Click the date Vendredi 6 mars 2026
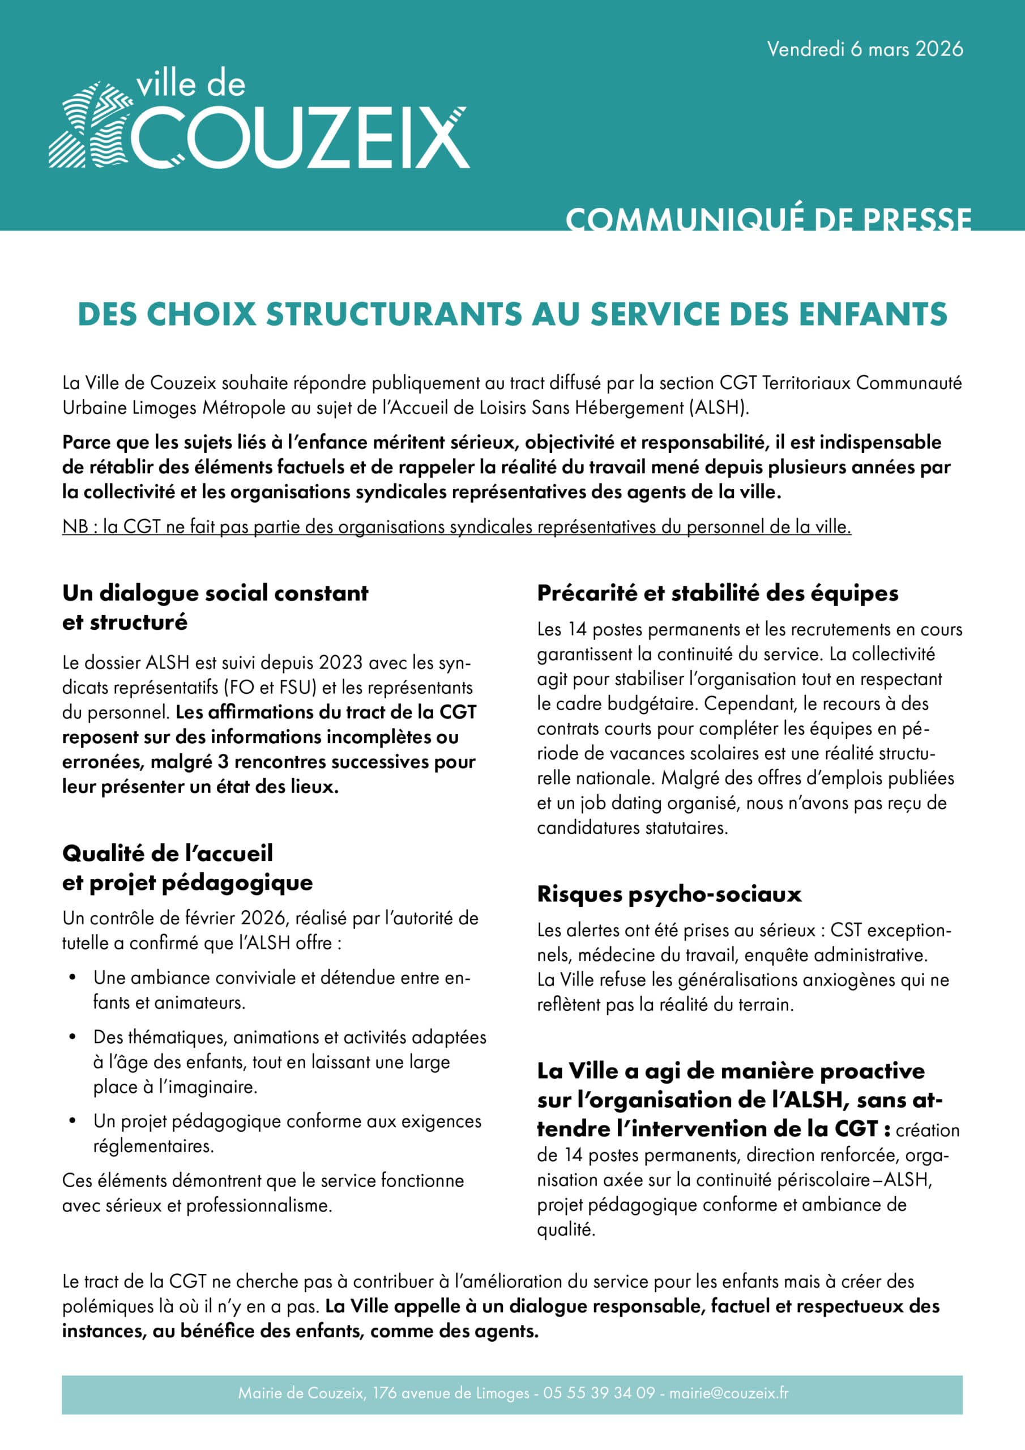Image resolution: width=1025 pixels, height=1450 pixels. [865, 49]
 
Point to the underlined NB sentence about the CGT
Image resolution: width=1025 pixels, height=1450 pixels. [456, 527]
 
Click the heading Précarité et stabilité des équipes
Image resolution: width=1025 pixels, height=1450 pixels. [718, 593]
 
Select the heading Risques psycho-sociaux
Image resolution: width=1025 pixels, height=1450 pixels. [669, 894]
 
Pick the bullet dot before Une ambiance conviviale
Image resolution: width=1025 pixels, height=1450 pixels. [73, 978]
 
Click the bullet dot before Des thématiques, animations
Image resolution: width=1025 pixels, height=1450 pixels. [73, 1037]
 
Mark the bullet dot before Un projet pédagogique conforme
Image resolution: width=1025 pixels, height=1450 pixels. [73, 1121]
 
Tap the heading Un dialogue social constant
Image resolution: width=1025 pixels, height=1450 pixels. [215, 593]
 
